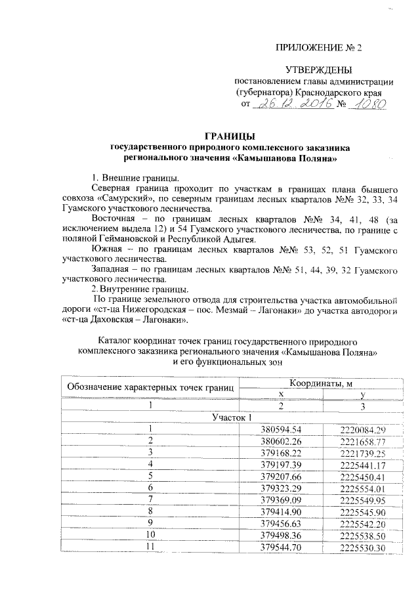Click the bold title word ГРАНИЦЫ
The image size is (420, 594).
[225, 136]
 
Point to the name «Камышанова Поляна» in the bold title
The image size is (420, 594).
[287, 158]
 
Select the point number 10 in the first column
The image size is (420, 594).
[151, 536]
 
